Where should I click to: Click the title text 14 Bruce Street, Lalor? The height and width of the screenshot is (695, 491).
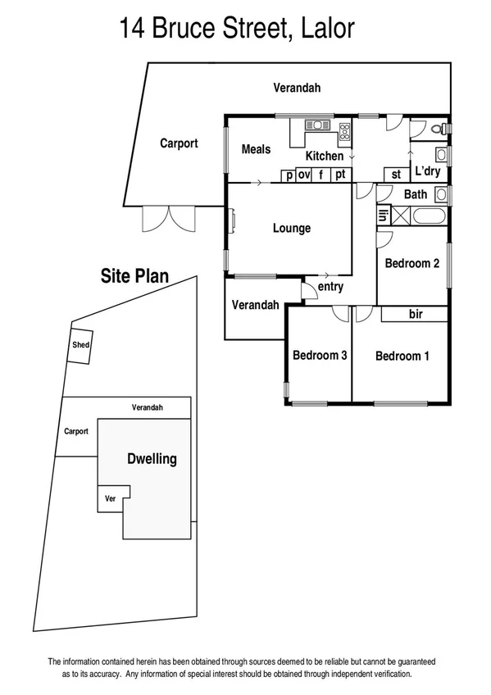pyautogui.click(x=237, y=29)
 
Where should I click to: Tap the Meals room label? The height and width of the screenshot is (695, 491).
pyautogui.click(x=256, y=149)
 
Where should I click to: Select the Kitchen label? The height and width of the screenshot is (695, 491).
pyautogui.click(x=325, y=156)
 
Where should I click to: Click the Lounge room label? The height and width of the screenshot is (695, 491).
pyautogui.click(x=291, y=228)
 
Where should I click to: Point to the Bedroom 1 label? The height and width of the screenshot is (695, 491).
pyautogui.click(x=402, y=356)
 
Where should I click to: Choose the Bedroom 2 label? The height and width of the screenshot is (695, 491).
pyautogui.click(x=412, y=263)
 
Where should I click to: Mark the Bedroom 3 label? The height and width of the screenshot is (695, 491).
pyautogui.click(x=320, y=356)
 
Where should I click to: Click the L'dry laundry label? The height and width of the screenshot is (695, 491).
pyautogui.click(x=427, y=173)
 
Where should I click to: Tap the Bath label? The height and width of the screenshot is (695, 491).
pyautogui.click(x=416, y=194)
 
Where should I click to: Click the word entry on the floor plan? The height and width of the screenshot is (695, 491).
pyautogui.click(x=330, y=287)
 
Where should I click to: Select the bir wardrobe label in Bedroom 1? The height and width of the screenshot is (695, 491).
pyautogui.click(x=415, y=314)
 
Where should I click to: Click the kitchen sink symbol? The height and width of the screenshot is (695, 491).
pyautogui.click(x=316, y=125)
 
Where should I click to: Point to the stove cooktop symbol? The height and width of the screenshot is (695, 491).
pyautogui.click(x=345, y=129)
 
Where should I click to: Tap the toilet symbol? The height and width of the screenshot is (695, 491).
pyautogui.click(x=441, y=129)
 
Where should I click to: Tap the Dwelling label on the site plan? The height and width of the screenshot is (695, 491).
pyautogui.click(x=151, y=459)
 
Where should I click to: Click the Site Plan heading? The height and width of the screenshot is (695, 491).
pyautogui.click(x=134, y=276)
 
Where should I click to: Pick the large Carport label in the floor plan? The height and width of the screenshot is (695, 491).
pyautogui.click(x=179, y=143)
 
